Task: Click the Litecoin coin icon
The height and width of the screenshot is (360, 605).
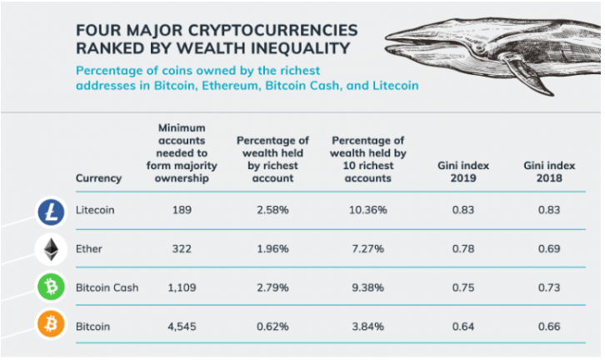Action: pos(51,212)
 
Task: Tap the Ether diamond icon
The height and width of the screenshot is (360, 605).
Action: pos(51,249)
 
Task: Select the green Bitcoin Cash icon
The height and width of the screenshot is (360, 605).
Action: pos(51,287)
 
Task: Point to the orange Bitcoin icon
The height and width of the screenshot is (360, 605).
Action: pos(51,325)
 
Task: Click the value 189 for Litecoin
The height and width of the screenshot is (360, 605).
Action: pos(181,210)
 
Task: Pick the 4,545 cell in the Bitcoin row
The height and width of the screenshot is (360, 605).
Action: pos(181,325)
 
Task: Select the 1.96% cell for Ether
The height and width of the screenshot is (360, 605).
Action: pos(272,248)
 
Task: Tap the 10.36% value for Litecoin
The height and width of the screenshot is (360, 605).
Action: pos(367,210)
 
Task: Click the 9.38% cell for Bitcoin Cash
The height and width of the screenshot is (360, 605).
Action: pos(367,287)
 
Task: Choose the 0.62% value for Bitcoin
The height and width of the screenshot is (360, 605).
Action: pos(272,325)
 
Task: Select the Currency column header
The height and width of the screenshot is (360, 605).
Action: pos(98,178)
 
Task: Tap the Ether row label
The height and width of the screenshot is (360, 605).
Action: pos(89,248)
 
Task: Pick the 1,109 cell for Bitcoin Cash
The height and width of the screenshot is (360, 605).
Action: pos(181,287)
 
